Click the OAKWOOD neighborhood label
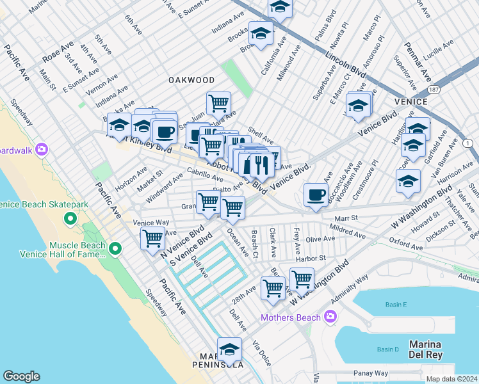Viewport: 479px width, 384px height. click(191, 80)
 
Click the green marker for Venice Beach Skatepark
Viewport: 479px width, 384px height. click(70, 220)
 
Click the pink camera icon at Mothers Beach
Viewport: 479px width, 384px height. click(330, 316)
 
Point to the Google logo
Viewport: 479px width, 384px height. click(22, 376)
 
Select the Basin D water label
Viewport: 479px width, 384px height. click(387, 349)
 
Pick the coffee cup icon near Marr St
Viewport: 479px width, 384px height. click(314, 195)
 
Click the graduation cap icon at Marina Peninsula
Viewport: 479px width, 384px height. click(229, 350)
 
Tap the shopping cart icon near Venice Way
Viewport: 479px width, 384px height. click(152, 237)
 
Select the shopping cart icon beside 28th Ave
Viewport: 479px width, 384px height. click(273, 288)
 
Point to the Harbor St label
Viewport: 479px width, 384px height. click(309, 258)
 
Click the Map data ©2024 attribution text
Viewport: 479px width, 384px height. click(450, 378)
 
